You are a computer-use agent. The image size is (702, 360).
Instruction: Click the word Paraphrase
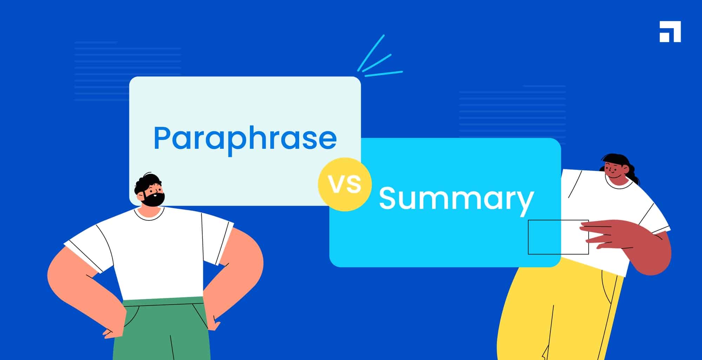[245, 138]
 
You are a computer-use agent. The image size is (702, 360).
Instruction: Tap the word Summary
[456, 199]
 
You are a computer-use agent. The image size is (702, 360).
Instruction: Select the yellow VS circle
[345, 184]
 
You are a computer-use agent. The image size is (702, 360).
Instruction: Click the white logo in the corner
[670, 32]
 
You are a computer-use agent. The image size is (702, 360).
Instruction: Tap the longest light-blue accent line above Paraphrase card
[371, 52]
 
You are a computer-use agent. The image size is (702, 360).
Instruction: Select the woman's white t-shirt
[611, 204]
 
